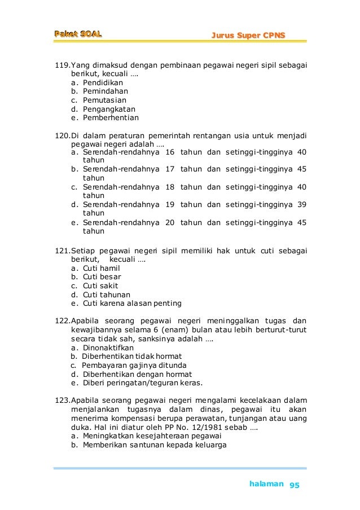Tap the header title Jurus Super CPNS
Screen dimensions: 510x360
(248, 36)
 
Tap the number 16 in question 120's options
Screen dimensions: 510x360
(170, 152)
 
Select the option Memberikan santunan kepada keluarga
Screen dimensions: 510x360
(154, 444)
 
